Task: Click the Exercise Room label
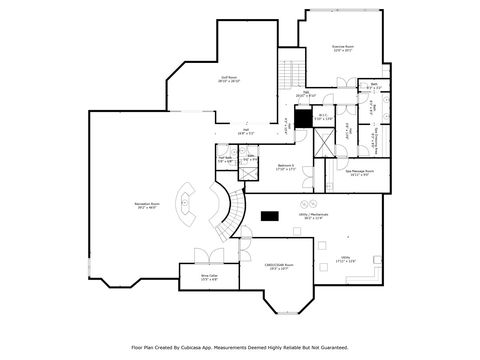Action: pos(344,48)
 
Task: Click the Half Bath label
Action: pos(226,159)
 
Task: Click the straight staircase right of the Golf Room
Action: pos(290,72)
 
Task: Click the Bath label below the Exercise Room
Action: pos(373,86)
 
